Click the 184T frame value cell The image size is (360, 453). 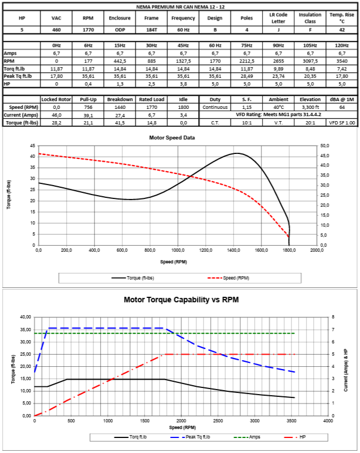click(151, 29)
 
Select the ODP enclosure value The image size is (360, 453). click(120, 29)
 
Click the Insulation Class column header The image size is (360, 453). click(310, 18)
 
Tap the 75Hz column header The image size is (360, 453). click(246, 45)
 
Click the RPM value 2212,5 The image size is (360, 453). click(246, 61)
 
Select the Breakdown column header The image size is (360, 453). click(120, 99)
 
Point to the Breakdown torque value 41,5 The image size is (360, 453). click(120, 122)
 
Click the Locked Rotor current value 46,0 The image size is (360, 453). click(56, 115)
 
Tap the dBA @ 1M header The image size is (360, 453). click(342, 99)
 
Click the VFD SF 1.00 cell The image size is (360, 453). click(342, 122)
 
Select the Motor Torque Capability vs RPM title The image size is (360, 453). click(181, 300)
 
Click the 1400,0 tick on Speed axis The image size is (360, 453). click(233, 251)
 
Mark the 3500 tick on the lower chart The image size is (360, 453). click(291, 421)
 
